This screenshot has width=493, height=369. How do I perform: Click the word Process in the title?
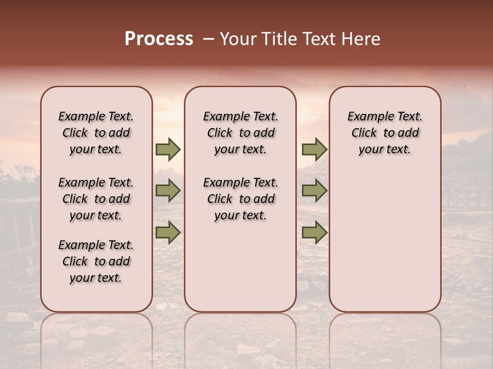[x=159, y=39]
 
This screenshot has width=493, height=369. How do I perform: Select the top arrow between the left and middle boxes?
[x=168, y=150]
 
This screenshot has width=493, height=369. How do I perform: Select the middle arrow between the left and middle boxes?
[x=168, y=191]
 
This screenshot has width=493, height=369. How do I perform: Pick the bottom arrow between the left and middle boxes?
[x=168, y=233]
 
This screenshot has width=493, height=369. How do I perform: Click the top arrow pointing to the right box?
[x=314, y=150]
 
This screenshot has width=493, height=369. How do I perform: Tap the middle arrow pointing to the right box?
[x=314, y=191]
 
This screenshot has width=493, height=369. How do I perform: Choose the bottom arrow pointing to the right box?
[x=314, y=233]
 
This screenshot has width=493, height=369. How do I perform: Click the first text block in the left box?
[x=96, y=133]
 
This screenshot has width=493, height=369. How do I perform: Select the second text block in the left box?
[x=96, y=199]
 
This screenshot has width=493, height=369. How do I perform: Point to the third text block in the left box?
[x=96, y=261]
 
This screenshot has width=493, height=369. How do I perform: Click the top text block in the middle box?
[x=240, y=133]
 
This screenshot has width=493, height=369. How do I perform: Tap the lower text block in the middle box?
[x=240, y=199]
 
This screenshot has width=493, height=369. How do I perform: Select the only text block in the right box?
[x=385, y=133]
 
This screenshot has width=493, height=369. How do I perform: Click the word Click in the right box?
[x=364, y=133]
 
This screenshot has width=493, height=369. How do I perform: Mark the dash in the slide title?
[x=208, y=39]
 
